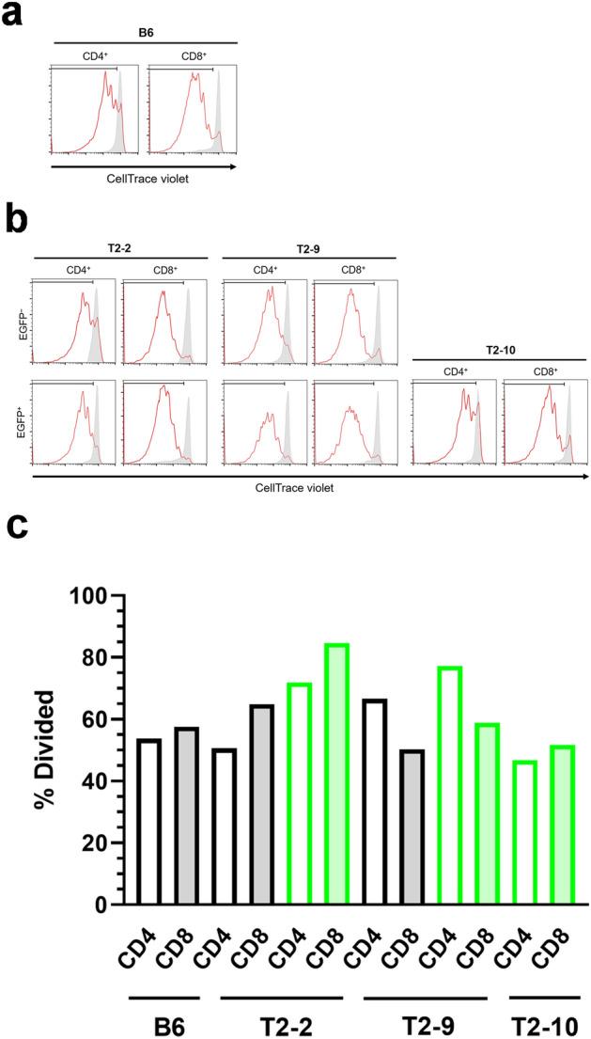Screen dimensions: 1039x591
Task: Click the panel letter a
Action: point(13,16)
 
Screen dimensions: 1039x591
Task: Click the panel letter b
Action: point(15,223)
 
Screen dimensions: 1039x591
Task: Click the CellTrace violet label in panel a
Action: point(141,177)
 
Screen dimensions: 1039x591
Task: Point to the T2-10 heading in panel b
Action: point(499,350)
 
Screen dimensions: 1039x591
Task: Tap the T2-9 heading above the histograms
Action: point(308,247)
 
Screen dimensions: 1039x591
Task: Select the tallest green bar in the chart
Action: point(336,775)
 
